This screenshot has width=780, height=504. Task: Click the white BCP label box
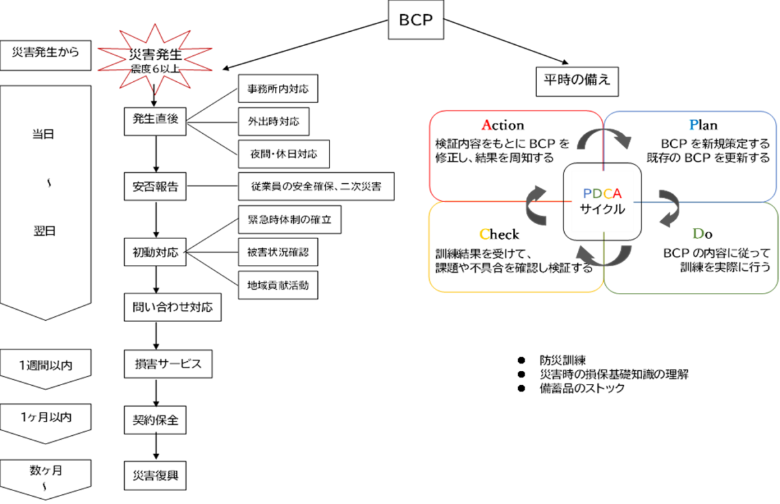pos(416,20)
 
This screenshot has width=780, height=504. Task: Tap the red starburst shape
pos(155,59)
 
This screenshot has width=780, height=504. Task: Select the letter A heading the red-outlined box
pos(486,125)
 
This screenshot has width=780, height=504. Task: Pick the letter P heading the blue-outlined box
pos(694,125)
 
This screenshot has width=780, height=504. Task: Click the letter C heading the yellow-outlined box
pos(484,234)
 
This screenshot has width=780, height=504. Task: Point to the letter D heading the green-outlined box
pos(698,234)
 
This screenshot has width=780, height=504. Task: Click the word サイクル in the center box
pos(603,209)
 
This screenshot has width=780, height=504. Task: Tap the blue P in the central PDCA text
pos(588,194)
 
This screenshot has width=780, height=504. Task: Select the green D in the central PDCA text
pos(597,194)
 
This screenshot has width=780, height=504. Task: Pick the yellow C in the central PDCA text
pos(607,194)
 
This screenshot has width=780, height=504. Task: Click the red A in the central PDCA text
pos(617,194)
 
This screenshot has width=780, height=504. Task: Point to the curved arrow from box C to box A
pos(537,205)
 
